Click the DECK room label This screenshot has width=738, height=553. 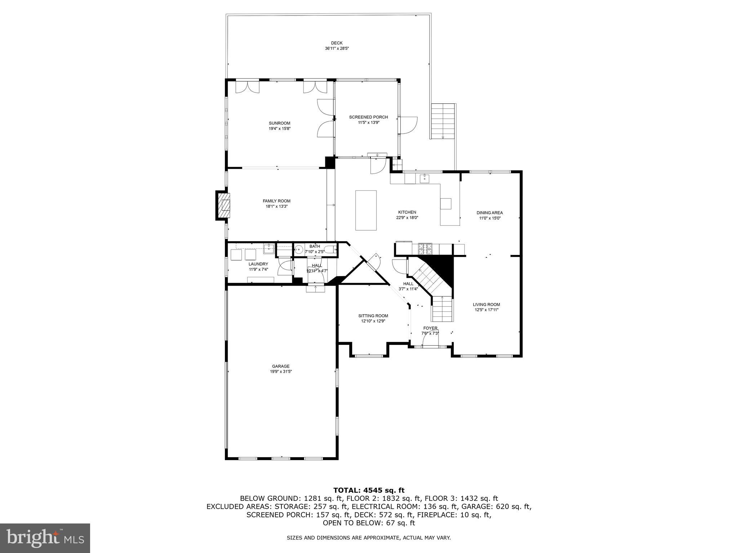pos(337,43)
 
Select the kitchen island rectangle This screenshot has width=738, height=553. pos(366,210)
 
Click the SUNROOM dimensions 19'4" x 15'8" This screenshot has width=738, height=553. pos(279,129)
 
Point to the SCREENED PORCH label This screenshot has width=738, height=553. pos(368,117)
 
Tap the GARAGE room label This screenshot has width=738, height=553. pos(281,366)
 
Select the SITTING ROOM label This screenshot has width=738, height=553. pos(373,316)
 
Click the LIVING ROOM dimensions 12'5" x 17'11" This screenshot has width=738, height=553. pos(486,310)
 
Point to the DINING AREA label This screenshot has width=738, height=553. pos(489,213)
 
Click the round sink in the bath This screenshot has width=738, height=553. pos(299,249)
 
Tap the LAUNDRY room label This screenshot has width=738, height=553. pos(258,264)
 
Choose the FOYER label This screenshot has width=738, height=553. pos(430,328)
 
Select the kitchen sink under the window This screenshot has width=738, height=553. pos(425,178)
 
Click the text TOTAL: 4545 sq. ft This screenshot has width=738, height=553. pos(369,490)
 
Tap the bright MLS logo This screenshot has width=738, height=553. pos(45,538)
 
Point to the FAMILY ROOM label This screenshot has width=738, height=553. pos(276,201)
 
